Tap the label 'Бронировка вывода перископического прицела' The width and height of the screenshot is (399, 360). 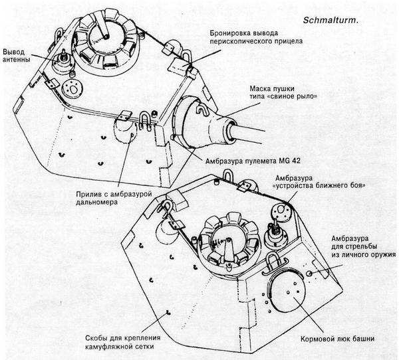coord(248,37)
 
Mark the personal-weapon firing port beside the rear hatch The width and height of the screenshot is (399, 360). coord(310,274)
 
